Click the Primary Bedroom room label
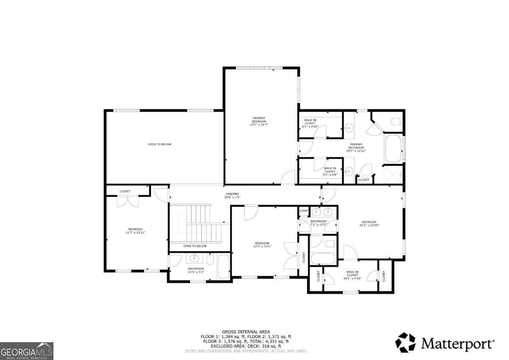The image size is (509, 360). (259, 121)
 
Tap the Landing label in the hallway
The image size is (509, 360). (232, 196)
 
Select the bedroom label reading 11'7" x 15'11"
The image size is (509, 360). (135, 231)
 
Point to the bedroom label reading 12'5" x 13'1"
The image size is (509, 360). (262, 245)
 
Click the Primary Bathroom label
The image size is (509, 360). (356, 147)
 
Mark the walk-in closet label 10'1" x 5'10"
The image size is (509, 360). (352, 275)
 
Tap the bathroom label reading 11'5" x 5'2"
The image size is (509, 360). (196, 270)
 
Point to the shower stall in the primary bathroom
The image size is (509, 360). (393, 174)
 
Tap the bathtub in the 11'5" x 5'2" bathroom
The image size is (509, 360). (223, 267)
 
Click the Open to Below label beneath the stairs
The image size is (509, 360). (195, 246)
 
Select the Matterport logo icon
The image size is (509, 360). (406, 343)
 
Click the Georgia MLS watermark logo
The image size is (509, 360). (27, 351)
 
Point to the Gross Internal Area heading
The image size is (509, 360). (246, 332)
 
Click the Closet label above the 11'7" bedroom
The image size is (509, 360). (125, 191)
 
